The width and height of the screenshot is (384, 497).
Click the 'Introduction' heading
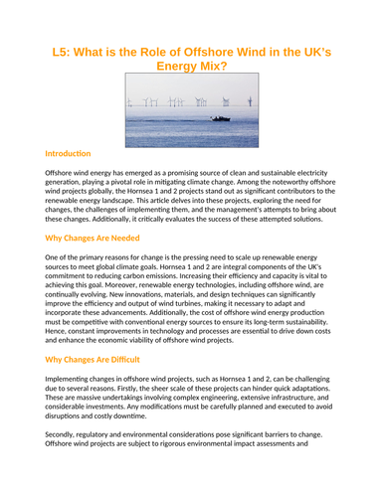point(68,154)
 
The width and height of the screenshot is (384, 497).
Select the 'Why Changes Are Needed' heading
point(96,240)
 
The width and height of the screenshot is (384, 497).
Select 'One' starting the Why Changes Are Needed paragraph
point(54,257)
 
